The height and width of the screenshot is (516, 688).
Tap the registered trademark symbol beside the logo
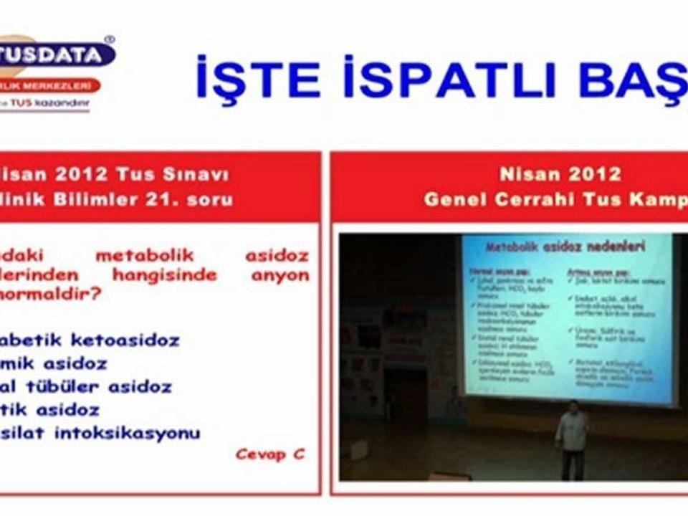tap(109, 40)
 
